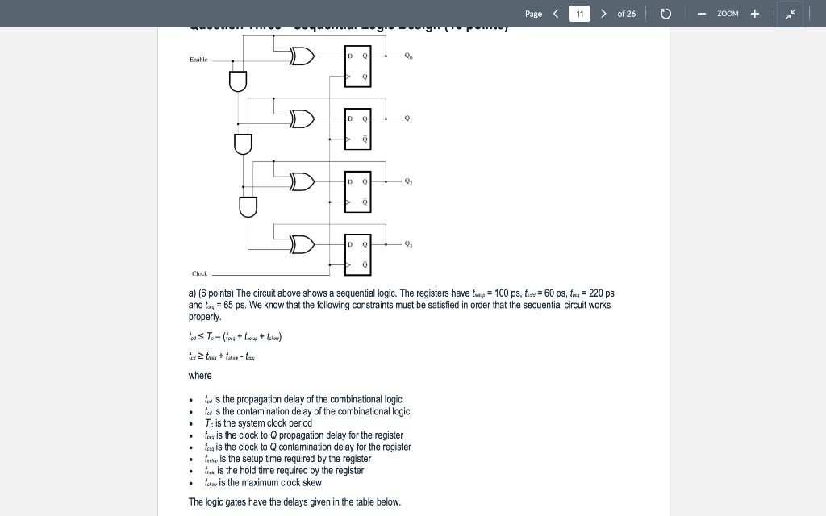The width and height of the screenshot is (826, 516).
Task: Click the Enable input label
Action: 198,60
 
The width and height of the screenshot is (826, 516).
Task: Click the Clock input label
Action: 199,273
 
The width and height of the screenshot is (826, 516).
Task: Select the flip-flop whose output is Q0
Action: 357,66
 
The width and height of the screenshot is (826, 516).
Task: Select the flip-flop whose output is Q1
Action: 357,129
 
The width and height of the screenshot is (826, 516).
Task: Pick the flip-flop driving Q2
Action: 357,191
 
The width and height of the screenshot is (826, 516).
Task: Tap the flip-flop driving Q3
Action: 357,253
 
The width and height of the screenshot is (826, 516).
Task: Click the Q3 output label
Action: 408,244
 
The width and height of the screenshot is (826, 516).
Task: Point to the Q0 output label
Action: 408,56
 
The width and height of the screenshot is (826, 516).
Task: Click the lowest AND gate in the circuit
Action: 248,206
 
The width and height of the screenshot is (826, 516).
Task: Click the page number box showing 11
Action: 580,14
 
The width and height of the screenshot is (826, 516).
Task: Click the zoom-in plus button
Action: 755,14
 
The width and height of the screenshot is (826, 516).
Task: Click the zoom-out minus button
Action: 702,14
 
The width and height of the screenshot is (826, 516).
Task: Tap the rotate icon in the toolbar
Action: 665,14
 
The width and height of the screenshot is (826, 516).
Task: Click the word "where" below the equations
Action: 200,376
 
